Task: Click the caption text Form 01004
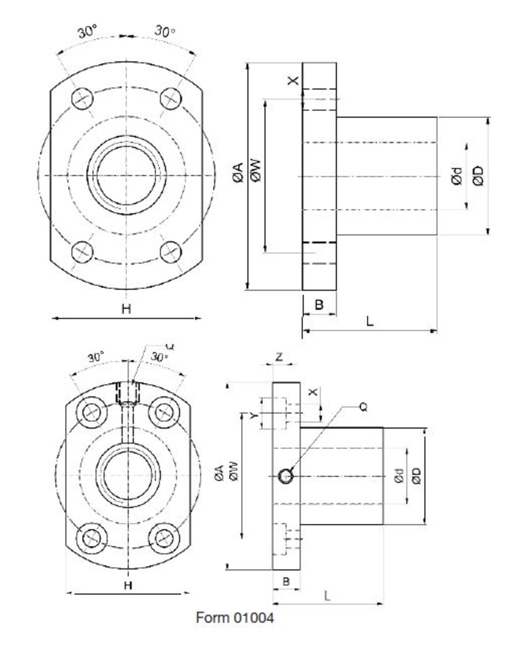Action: tap(235, 617)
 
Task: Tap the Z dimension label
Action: tap(279, 357)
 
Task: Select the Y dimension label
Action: tap(253, 415)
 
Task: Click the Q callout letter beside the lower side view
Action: tap(363, 407)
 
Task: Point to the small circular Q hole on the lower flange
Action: tap(285, 476)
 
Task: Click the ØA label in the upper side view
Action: tap(238, 172)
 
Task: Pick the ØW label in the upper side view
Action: tap(256, 171)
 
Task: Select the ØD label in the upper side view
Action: tap(478, 175)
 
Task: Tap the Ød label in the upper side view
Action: tap(457, 175)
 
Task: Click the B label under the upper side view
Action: tap(319, 305)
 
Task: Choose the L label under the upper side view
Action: tap(370, 321)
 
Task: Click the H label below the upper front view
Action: tap(126, 309)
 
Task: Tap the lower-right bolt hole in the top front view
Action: tap(171, 252)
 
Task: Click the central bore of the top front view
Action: tap(126, 175)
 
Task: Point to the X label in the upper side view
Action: tap(293, 80)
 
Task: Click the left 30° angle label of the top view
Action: tap(87, 32)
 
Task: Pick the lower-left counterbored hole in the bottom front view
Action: tap(92, 537)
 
